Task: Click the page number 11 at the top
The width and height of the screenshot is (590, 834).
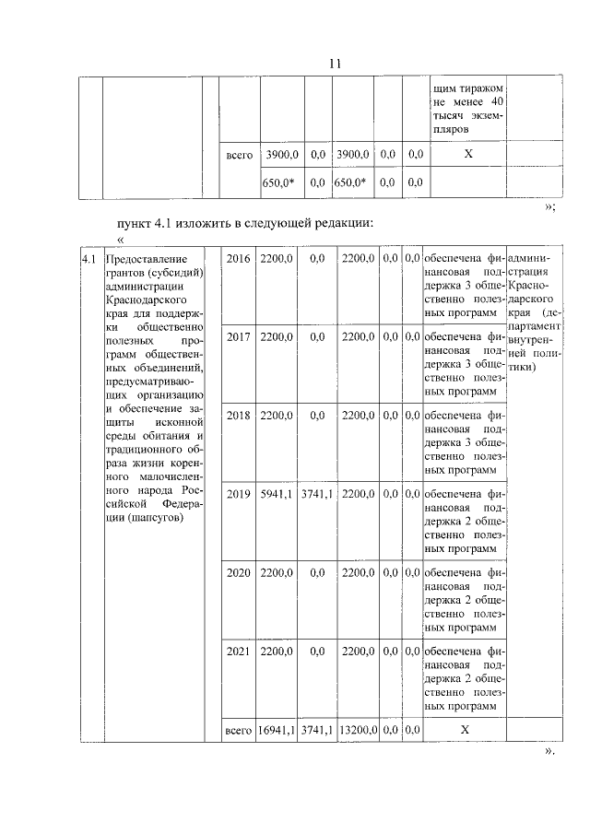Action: tap(334, 64)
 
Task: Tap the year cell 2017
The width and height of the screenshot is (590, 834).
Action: tap(238, 338)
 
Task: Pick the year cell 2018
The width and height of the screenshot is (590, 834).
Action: tap(238, 416)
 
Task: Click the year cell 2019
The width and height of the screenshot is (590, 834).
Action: tap(238, 493)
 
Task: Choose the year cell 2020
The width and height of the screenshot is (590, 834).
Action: tap(238, 572)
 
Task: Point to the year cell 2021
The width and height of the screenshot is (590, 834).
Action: tap(238, 652)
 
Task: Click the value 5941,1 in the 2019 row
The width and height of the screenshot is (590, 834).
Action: tap(277, 493)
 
